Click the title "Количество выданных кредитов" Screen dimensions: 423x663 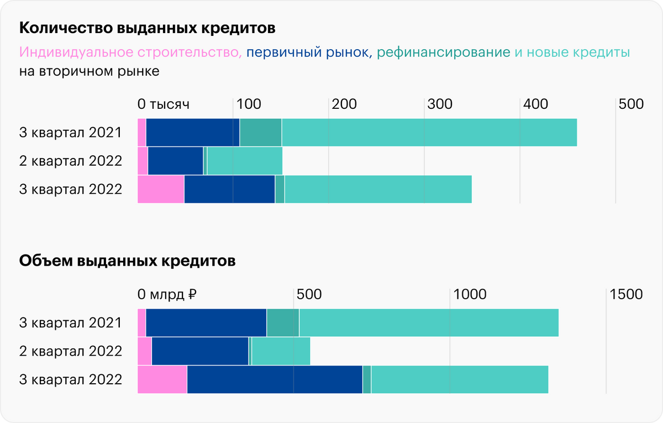148,28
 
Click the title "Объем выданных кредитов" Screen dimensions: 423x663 128,261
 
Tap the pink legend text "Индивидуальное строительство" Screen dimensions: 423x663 130,53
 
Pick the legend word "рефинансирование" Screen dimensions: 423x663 444,53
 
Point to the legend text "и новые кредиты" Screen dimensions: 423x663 572,53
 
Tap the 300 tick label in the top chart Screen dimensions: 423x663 440,104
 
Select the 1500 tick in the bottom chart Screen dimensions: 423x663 626,294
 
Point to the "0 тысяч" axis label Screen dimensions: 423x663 164,104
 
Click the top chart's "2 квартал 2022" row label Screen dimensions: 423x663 71,161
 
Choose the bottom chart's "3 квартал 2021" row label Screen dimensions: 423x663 71,322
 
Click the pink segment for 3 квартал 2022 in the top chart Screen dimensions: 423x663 161,189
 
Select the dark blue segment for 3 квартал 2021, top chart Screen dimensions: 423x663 193,133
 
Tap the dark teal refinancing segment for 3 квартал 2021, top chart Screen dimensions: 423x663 261,133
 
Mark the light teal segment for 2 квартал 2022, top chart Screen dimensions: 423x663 245,161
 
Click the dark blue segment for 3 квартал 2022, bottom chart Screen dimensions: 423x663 275,379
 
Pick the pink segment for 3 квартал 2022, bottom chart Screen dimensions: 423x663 162,379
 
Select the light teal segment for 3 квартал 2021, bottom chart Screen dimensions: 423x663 429,322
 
